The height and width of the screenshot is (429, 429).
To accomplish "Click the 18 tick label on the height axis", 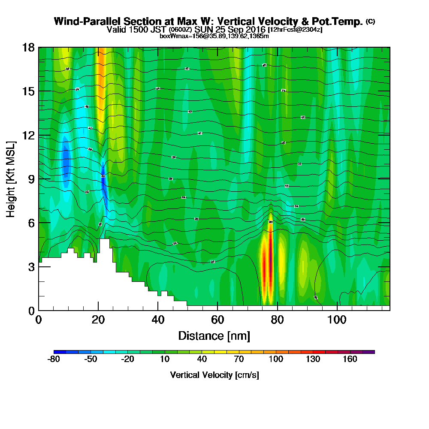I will point(28,47).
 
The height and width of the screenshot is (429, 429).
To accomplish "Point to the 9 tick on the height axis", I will point(39,179).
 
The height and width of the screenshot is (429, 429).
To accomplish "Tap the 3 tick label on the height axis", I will point(31,267).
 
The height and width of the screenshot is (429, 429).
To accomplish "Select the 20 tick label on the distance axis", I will point(98,320).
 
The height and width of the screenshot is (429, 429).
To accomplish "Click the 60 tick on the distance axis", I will point(218,310).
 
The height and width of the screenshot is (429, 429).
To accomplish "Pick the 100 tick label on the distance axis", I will point(337,320).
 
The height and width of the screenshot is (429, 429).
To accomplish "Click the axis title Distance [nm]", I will point(214,335).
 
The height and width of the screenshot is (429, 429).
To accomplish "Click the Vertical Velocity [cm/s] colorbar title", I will point(214,375).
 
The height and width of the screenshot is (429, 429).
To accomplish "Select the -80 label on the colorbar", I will point(53,360).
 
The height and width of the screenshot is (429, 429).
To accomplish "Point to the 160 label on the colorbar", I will point(350,360).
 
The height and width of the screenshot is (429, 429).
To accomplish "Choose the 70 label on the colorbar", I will point(239,360).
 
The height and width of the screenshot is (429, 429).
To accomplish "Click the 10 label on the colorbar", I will point(165,360).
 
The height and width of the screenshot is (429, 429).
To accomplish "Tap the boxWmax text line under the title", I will point(214,36).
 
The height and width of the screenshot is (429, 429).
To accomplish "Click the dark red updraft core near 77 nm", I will point(268,266).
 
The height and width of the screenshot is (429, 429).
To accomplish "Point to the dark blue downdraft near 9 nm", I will point(66,161).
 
